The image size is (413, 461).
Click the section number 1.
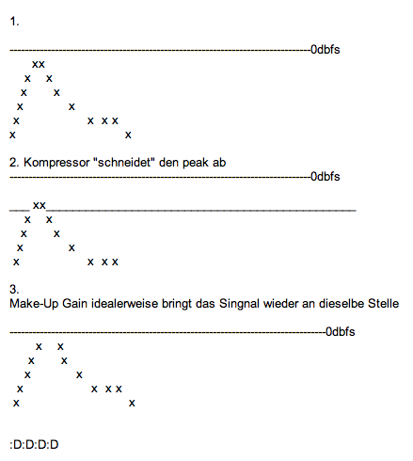coord(14,22)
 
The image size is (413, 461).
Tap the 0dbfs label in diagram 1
coord(326,50)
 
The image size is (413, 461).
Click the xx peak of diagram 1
coord(39,64)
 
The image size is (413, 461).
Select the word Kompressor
coord(56,163)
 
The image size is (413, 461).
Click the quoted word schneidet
coord(124,162)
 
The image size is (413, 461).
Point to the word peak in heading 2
coord(196,163)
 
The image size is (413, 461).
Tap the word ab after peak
coord(219,162)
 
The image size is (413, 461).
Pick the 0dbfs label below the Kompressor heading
coord(326,177)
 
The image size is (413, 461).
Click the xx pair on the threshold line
coord(40,205)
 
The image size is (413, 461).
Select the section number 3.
coord(14,289)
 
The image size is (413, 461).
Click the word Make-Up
coord(34,304)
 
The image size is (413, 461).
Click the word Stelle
coord(384,304)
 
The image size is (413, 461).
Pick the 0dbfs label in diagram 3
coord(341,332)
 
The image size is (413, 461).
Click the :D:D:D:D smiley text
coord(34,445)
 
